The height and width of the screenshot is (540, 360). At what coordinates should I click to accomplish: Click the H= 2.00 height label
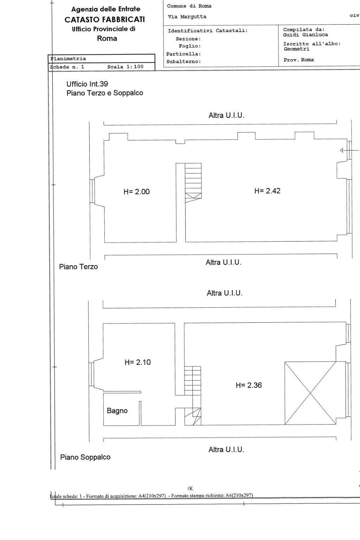point(136,192)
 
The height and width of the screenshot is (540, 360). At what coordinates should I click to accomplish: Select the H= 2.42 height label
point(267,191)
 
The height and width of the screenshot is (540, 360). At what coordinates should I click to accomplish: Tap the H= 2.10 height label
point(137,362)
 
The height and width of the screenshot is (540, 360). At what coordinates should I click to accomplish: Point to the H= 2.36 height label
point(249,385)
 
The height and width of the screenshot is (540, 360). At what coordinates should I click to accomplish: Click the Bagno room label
point(117,411)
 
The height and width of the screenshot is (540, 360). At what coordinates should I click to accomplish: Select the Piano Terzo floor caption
point(78,266)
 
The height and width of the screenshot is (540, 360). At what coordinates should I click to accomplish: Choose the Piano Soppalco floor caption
point(85,457)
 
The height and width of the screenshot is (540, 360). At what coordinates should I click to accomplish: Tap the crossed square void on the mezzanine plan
point(310,393)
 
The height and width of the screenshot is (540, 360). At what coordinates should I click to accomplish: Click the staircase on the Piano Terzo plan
point(193,183)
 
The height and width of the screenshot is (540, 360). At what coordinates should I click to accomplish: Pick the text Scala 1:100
point(125,66)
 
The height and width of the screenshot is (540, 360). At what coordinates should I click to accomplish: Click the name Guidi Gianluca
point(305,35)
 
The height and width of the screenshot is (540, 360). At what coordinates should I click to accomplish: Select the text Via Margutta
point(187,17)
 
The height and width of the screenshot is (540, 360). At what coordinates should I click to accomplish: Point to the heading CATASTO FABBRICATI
point(105,20)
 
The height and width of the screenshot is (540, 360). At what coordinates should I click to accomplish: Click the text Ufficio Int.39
point(87,84)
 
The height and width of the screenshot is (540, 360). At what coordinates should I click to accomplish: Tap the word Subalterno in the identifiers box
point(183,62)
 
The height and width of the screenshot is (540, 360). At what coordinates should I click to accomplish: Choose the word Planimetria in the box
point(68,59)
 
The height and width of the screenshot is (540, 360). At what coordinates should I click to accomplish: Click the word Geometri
point(296,49)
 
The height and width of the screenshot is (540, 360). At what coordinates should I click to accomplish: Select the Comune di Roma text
point(189,6)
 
